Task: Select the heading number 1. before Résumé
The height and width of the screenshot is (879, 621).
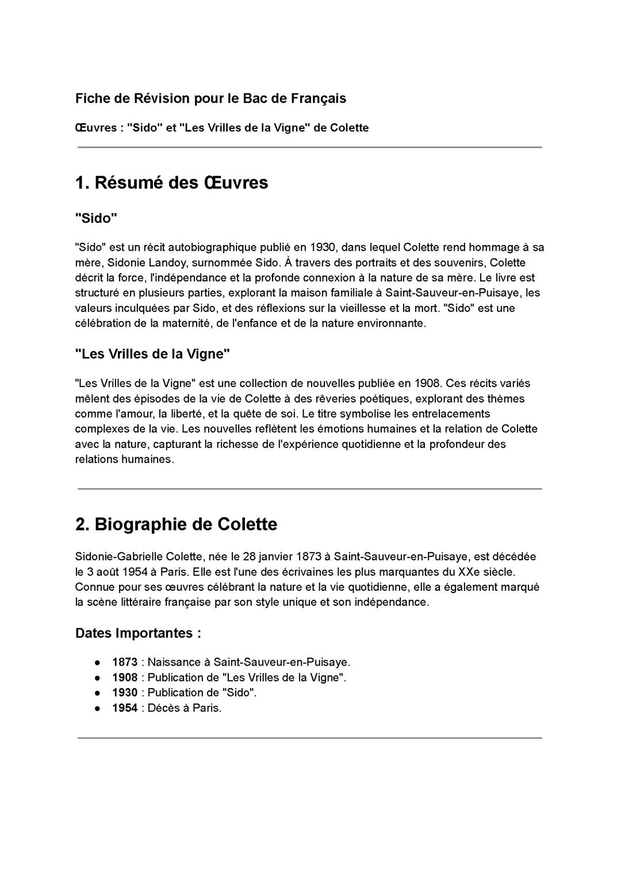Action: click(82, 183)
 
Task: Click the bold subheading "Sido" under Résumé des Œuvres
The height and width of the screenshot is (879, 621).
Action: click(96, 218)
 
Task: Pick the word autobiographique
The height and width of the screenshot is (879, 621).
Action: click(216, 247)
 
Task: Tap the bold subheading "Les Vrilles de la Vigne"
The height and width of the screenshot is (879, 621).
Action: click(153, 354)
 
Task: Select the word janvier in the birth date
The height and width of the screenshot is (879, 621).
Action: click(275, 557)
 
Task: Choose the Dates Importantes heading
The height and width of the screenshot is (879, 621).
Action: click(138, 633)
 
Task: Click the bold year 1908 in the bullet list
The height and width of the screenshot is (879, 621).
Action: click(125, 678)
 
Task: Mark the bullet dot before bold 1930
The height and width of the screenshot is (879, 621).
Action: click(98, 693)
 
